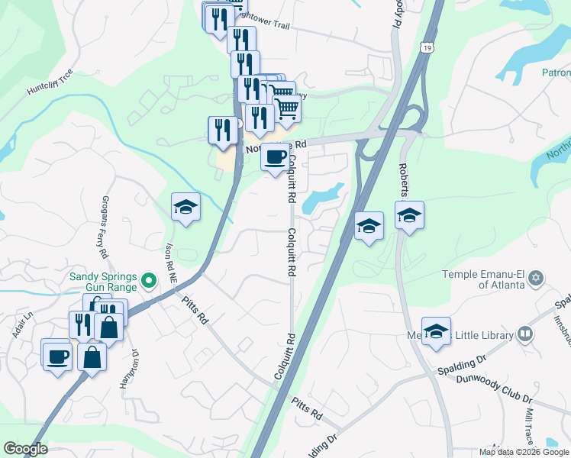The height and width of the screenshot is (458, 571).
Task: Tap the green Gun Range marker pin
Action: tap(151, 282)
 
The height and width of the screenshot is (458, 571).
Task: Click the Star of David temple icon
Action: tap(536, 276)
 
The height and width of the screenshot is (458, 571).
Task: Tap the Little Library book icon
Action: tap(524, 334)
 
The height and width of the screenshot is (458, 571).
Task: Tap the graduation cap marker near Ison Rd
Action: tap(185, 208)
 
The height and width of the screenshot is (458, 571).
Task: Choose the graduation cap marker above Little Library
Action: tap(436, 332)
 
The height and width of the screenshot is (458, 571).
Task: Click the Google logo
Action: tap(25, 449)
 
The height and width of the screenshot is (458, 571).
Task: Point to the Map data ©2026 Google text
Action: tap(524, 452)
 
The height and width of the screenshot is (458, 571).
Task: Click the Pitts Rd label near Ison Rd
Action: tap(195, 309)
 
